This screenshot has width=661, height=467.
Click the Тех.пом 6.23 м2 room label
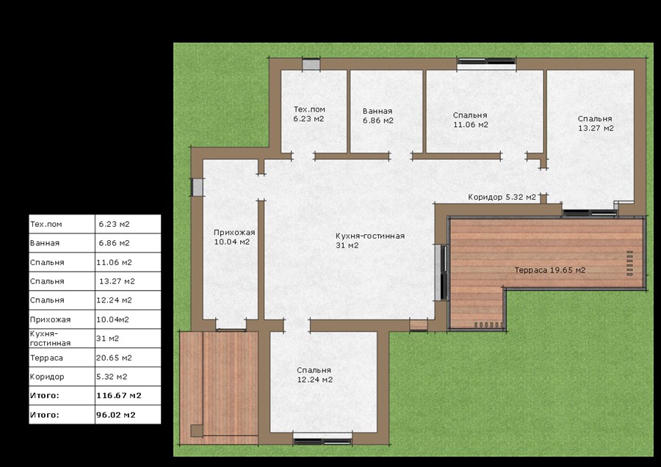(309, 115)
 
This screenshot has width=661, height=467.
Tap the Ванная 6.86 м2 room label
(378, 116)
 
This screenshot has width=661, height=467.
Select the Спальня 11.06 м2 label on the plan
(471, 120)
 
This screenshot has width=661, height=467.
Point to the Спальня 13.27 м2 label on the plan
(595, 123)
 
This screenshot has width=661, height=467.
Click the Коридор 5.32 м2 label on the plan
(502, 198)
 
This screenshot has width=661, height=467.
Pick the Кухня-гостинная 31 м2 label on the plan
(370, 240)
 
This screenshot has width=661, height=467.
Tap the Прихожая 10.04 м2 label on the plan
(234, 237)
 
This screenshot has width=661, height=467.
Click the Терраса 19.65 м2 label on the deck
(549, 270)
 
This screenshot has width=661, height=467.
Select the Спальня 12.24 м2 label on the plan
(314, 374)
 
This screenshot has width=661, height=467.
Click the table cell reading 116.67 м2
(128, 396)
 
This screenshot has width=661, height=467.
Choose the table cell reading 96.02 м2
(128, 415)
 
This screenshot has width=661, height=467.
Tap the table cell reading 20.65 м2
(128, 358)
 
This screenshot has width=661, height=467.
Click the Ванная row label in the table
(62, 243)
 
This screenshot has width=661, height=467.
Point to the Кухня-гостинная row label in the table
(62, 339)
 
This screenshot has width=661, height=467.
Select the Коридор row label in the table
(62, 377)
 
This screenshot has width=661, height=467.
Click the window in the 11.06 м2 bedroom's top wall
(486, 63)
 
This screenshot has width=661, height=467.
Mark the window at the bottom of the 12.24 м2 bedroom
(322, 439)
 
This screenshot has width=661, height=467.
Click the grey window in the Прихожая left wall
(198, 187)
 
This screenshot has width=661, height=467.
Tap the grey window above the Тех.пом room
(311, 65)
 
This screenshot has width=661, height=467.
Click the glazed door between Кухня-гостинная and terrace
(441, 272)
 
